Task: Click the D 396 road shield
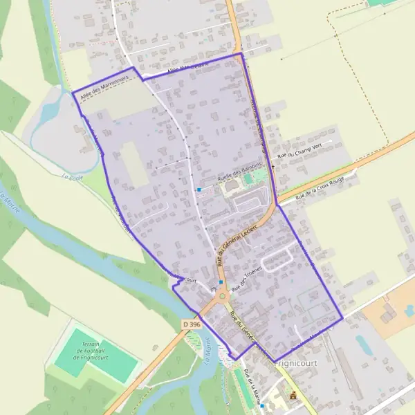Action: [x=192, y=324]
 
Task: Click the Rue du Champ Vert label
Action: [x=299, y=152]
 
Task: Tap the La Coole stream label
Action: [x=72, y=178]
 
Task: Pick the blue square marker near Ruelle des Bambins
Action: [x=199, y=190]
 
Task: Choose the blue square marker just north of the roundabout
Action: [x=221, y=282]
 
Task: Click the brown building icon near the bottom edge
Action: [x=293, y=396]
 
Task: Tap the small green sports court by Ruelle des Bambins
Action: [x=248, y=178]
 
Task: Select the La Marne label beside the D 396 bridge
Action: [x=207, y=346]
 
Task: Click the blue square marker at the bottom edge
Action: [x=262, y=406]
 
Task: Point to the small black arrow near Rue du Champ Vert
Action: [x=271, y=166]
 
